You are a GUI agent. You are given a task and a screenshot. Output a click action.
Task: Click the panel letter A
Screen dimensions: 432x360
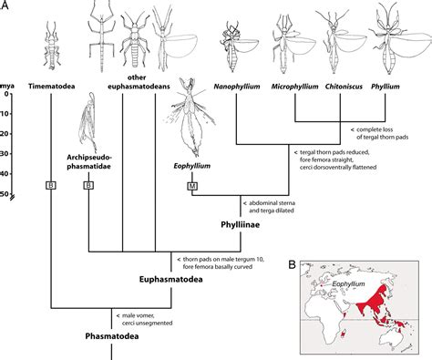coord(6,6)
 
